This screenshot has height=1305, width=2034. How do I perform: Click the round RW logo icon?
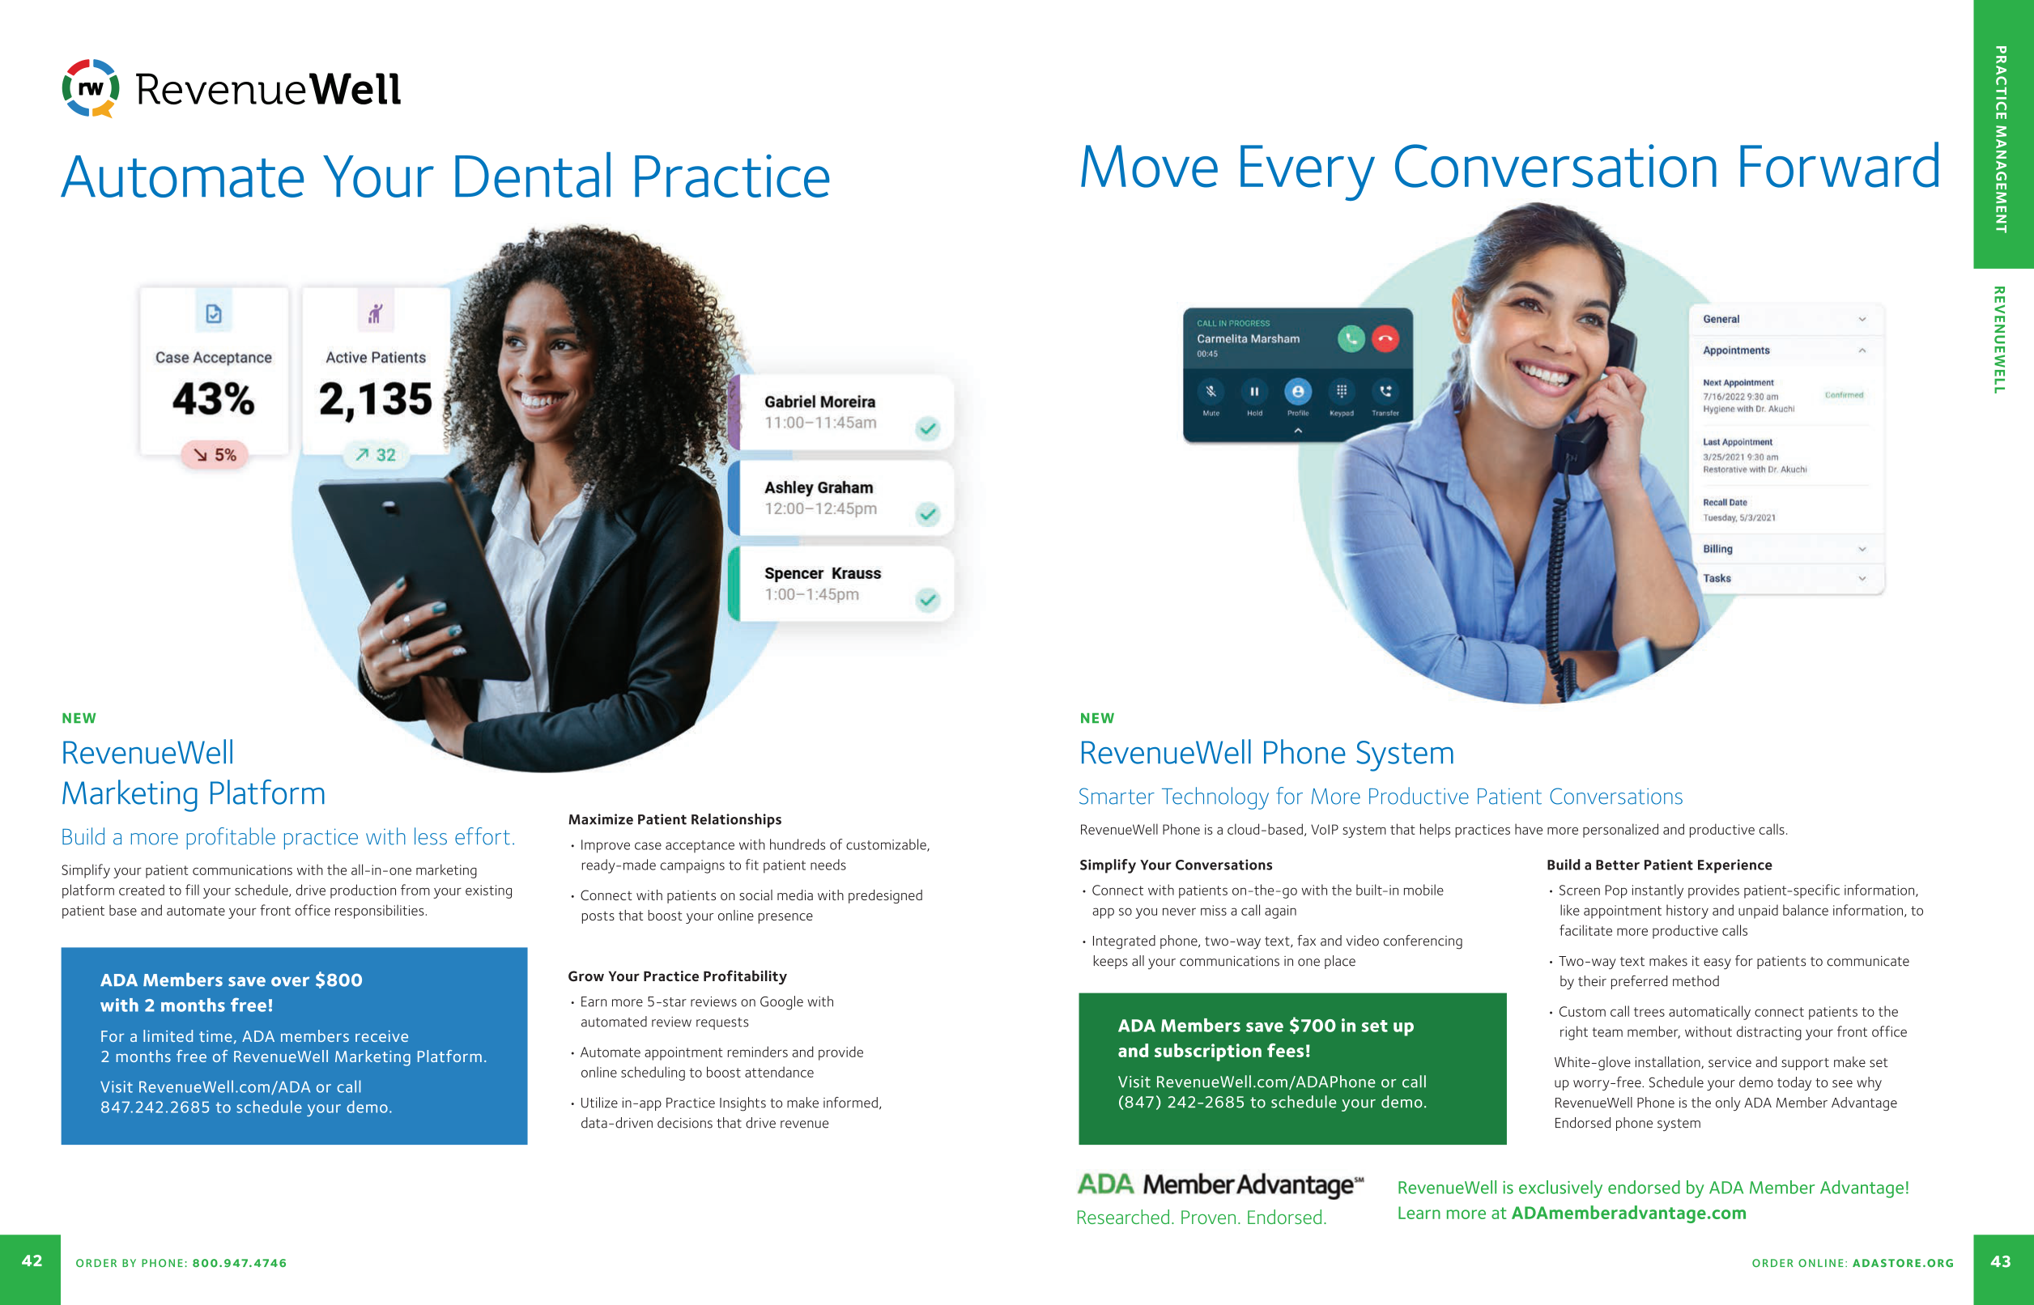point(91,88)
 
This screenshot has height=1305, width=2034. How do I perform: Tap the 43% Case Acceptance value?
point(214,398)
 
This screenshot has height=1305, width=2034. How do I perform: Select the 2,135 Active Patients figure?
point(376,398)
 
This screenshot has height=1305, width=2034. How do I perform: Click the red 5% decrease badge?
point(215,455)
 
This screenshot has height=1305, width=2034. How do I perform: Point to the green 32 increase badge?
point(376,455)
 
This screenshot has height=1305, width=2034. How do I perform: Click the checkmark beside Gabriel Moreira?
point(928,428)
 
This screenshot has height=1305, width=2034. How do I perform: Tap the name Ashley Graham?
point(819,487)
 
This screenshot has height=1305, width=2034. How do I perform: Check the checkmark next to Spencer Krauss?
point(928,600)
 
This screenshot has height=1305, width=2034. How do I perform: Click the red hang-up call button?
point(1385,339)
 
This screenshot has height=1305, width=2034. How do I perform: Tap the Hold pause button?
point(1254,392)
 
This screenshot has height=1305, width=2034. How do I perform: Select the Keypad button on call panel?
point(1342,392)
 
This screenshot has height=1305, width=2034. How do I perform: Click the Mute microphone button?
point(1211,392)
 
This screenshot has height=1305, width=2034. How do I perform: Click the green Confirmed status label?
point(1845,395)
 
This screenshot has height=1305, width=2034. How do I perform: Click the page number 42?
point(32,1261)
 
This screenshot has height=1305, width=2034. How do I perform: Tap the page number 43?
point(2001,1262)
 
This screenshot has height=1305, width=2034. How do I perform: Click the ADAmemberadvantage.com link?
point(1629,1214)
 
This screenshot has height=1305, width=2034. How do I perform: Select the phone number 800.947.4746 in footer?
point(240,1263)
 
